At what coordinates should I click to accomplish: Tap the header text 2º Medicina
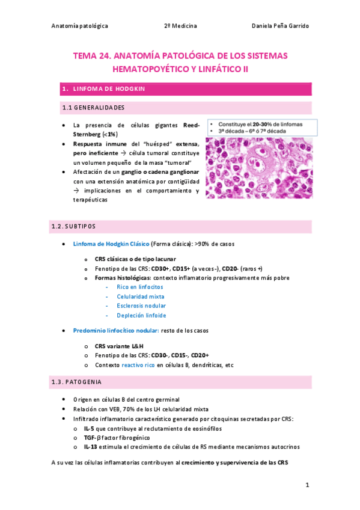coord(180,25)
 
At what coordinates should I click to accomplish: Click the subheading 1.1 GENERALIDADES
coord(93,108)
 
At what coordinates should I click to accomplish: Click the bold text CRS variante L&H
coord(119,346)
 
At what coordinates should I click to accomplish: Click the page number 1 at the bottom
coord(307,485)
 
